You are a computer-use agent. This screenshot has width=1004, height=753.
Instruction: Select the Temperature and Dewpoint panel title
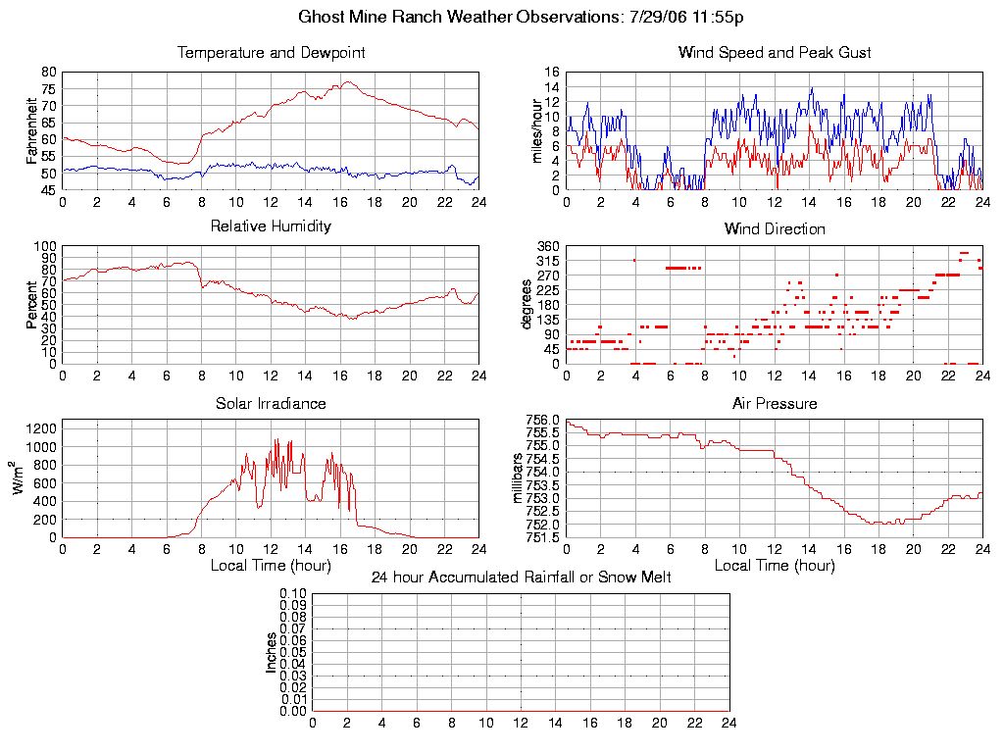coord(271,52)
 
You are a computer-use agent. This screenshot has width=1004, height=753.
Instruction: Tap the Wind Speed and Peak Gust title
coord(775,52)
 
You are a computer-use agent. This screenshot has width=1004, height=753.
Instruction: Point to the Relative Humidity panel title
coord(271,226)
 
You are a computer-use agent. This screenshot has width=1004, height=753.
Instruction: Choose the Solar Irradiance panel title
coord(271,403)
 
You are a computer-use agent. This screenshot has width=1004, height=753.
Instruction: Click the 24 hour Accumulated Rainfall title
coord(521,577)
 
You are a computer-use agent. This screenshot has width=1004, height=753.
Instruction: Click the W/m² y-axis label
coord(20,477)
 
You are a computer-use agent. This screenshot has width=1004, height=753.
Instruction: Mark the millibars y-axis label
coord(520,477)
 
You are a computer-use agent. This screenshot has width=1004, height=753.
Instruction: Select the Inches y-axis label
coord(272,652)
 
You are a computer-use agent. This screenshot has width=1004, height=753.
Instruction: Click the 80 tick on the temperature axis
coord(49,73)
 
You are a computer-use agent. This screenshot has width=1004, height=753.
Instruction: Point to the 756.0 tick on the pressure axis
coord(542,420)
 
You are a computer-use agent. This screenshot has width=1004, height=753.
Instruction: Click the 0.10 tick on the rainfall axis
coord(293,594)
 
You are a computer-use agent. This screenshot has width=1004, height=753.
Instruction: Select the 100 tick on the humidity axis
coord(45,246)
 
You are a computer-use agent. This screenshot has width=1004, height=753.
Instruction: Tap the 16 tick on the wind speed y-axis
coord(552,73)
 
